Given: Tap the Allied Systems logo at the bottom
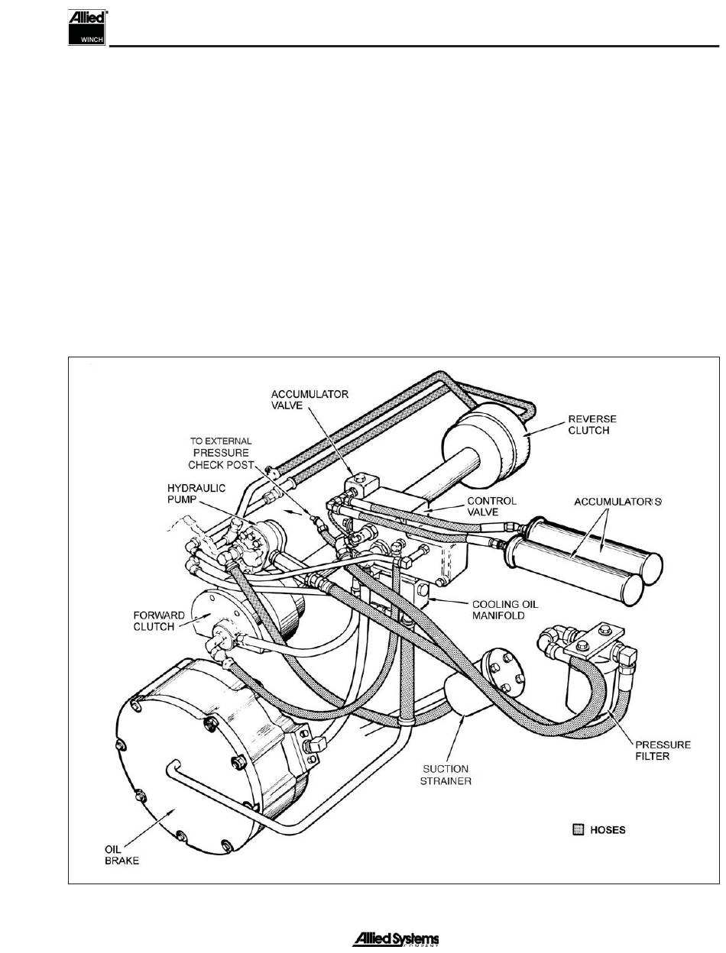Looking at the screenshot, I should tap(395, 939).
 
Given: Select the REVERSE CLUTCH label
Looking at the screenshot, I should tap(591, 425).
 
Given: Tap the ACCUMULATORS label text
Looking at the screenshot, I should tap(618, 501).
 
